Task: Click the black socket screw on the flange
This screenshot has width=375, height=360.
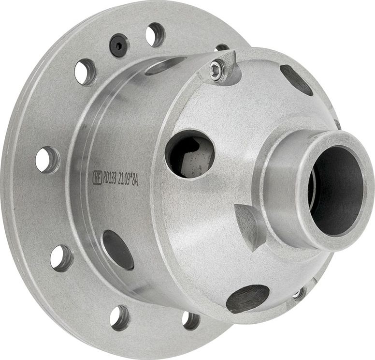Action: point(119,45)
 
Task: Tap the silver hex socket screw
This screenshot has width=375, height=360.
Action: point(216,72)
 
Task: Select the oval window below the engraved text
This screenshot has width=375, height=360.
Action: point(118,249)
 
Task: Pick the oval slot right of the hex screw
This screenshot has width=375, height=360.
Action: point(296,79)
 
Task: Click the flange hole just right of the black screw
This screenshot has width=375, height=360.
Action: point(155,35)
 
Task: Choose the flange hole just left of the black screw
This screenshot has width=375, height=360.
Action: point(85,72)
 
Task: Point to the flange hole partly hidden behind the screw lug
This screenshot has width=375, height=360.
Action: point(222,48)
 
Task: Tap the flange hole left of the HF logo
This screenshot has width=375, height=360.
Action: point(47,160)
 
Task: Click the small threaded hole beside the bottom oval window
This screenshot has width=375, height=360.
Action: point(300,293)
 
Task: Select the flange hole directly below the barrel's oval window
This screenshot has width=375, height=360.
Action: point(120,317)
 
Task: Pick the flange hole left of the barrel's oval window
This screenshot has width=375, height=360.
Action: point(61,257)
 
